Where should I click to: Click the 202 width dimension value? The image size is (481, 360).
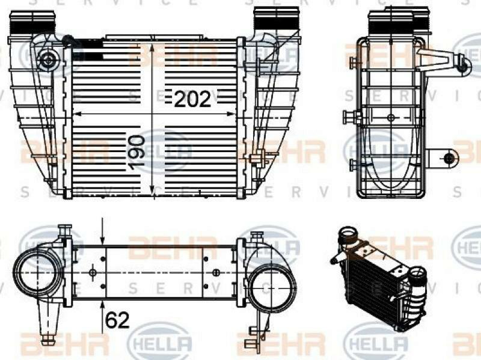coord(192,99)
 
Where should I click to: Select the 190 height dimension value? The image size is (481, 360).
coord(136,153)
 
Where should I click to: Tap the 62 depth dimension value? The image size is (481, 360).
coord(117,320)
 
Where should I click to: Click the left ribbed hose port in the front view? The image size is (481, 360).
coord(32,22)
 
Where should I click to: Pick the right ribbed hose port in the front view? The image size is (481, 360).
coord(276,19)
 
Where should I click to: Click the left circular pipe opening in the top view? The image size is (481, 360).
coord(37,272)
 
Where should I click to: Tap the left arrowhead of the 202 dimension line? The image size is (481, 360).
coord(78,114)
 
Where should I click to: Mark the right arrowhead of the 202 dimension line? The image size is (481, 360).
coord(231,114)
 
